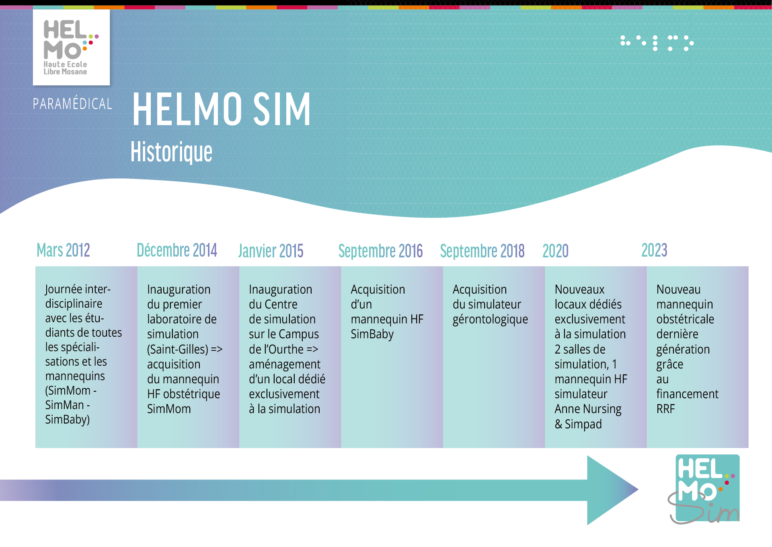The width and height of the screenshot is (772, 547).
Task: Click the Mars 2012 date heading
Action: [x=63, y=250]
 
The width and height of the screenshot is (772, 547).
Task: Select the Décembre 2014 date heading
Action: [x=177, y=250]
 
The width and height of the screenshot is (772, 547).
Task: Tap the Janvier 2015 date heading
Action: [x=271, y=251]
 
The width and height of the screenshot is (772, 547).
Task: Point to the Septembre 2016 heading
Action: [x=380, y=251]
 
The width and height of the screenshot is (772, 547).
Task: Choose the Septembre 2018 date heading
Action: [x=482, y=251]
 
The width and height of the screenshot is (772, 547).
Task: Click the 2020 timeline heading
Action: [x=555, y=251]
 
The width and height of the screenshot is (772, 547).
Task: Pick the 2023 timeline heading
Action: [x=654, y=250]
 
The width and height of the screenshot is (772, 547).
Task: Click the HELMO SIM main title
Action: [x=222, y=109]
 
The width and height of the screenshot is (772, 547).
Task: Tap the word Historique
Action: [x=171, y=152]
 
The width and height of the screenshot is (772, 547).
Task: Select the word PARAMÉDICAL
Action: [x=72, y=104]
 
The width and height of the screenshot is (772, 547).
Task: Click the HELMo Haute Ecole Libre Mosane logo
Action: [x=71, y=47]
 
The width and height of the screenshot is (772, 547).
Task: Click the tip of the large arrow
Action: [x=639, y=489]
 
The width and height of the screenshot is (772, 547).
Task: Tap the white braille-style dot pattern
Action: [x=657, y=43]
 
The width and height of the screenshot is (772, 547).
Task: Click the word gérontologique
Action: [x=490, y=320]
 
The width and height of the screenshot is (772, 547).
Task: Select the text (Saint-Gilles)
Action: [x=178, y=349]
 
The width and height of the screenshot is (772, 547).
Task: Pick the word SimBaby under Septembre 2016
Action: [x=372, y=335]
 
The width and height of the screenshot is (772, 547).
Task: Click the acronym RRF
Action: [x=665, y=409]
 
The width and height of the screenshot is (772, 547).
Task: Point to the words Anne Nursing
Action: [x=588, y=409]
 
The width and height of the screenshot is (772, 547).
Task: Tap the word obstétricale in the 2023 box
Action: [x=685, y=319]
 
